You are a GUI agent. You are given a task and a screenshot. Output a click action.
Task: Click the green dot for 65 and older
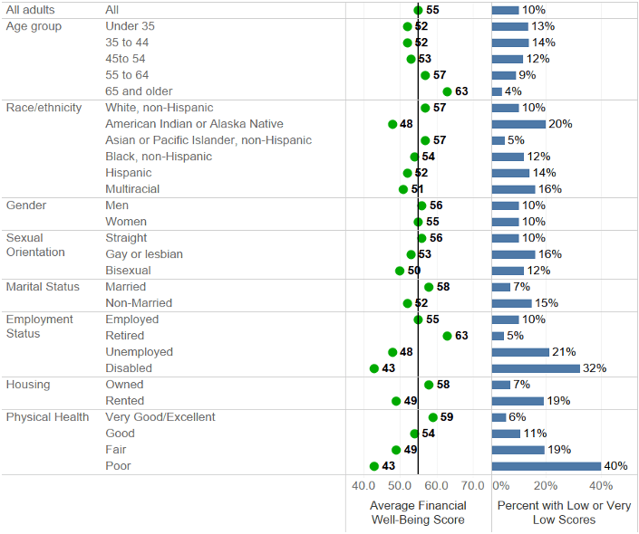tap(447, 91)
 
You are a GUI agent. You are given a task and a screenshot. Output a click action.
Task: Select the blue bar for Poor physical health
tap(547, 466)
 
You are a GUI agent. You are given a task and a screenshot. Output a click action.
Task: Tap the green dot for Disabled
tap(374, 368)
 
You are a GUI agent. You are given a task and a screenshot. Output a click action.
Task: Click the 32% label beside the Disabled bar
tap(595, 368)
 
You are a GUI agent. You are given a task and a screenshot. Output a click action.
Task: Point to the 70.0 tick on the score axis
tap(472, 486)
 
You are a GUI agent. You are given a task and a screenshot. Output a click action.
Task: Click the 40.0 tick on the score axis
tap(363, 486)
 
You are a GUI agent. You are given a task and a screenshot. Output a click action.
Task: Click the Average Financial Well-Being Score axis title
tap(418, 512)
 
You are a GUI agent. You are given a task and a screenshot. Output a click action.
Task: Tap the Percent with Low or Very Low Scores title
tap(565, 512)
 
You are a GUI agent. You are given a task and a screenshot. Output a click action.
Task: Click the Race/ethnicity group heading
tap(44, 108)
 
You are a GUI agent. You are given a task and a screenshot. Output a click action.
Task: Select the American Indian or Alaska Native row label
tap(194, 124)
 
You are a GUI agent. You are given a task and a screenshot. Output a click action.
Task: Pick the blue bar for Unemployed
tap(520, 352)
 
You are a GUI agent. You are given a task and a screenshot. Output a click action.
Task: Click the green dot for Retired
tap(447, 336)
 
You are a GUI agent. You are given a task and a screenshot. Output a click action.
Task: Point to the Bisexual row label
tap(128, 271)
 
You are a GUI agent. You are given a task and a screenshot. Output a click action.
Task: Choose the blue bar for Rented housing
tap(518, 401)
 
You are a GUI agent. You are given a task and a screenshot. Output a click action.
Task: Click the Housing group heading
tap(28, 385)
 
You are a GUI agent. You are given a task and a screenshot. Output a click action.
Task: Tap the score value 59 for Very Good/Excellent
tap(447, 417)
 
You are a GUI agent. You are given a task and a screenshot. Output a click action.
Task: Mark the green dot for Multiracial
tap(403, 189)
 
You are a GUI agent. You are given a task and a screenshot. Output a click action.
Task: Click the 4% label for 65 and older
tap(513, 91)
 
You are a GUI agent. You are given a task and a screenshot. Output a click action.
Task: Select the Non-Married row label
tap(139, 303)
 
